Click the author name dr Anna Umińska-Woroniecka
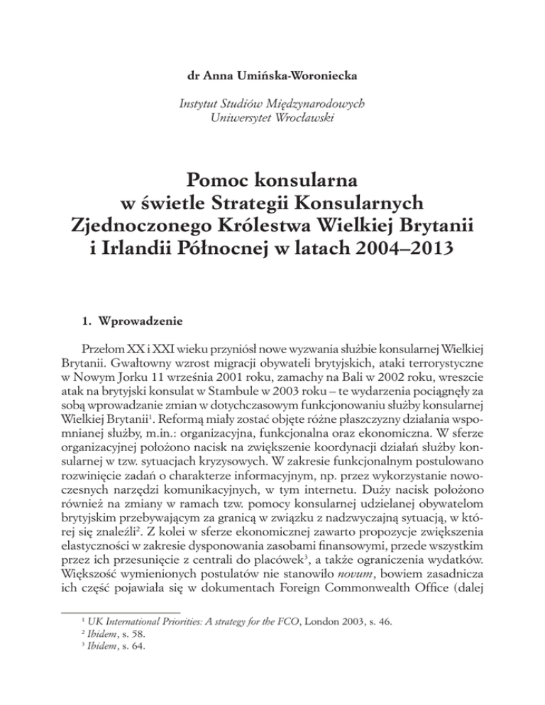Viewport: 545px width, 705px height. (x=272, y=70)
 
